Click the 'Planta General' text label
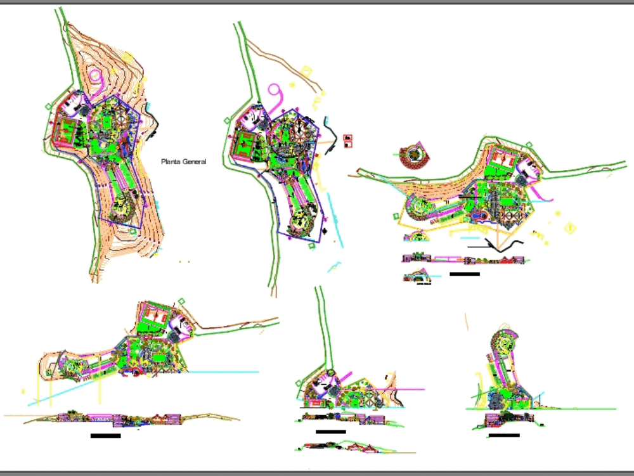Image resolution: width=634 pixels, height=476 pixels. [183, 162]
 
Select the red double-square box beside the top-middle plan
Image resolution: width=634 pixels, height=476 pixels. [347, 141]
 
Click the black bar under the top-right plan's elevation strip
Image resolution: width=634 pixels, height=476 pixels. [464, 274]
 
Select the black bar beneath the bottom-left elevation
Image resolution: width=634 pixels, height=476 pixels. [105, 436]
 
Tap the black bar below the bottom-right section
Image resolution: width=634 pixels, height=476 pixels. [504, 435]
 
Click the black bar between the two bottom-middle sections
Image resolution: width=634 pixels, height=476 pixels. [330, 432]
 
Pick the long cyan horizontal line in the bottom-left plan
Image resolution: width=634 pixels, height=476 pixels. [222, 372]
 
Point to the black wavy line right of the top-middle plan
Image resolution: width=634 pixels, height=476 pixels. [330, 131]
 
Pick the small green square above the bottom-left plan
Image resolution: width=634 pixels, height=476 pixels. [183, 302]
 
